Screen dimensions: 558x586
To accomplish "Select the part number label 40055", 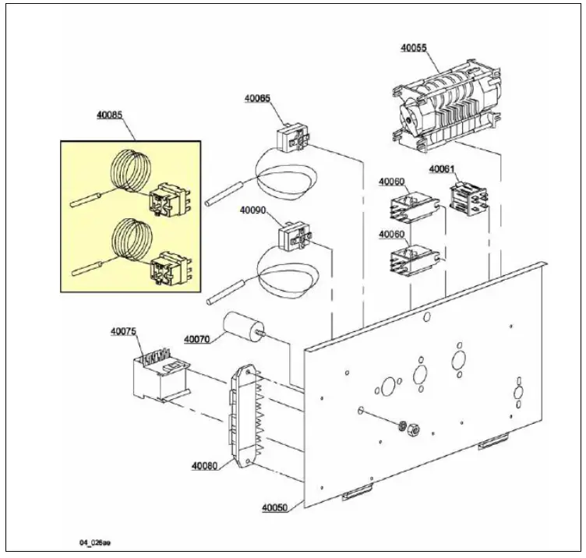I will tap(413, 48).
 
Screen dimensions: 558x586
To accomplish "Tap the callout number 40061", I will tap(442, 169).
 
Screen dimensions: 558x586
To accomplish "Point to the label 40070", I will tap(197, 339).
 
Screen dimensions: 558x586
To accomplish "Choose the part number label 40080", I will tap(204, 467).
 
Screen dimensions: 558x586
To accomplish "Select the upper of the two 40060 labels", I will tap(391, 182).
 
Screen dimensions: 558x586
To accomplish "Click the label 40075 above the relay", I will tap(123, 332).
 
